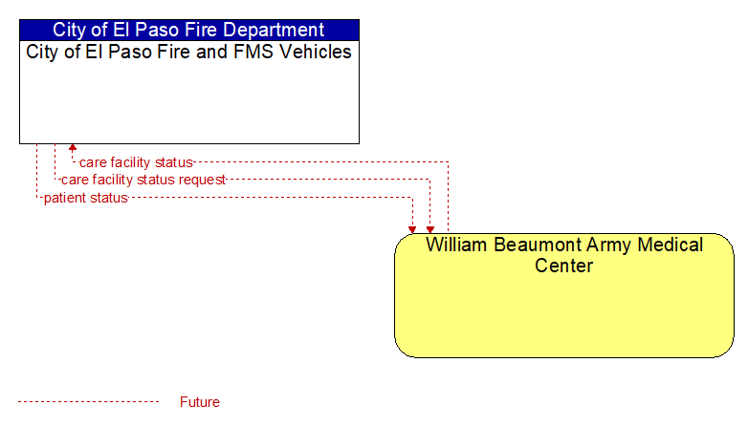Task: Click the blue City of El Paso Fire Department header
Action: tap(188, 30)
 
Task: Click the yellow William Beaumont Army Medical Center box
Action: tap(563, 295)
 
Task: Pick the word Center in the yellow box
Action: tap(563, 266)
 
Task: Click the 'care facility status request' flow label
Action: tap(143, 180)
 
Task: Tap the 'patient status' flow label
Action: tap(86, 198)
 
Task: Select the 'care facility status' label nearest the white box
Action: tap(136, 162)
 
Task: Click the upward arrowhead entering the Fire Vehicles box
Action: tap(73, 148)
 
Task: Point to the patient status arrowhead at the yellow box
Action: tap(412, 229)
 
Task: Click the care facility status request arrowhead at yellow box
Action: tap(430, 229)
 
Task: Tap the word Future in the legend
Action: tap(200, 402)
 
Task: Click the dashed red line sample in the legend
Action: tap(89, 402)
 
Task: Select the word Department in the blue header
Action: tap(274, 30)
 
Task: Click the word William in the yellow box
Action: tap(457, 245)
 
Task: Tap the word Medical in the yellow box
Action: tap(671, 245)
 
